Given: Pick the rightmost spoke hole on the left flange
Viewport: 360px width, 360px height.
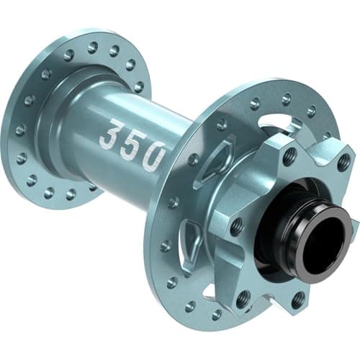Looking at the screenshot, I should point(138,86).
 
